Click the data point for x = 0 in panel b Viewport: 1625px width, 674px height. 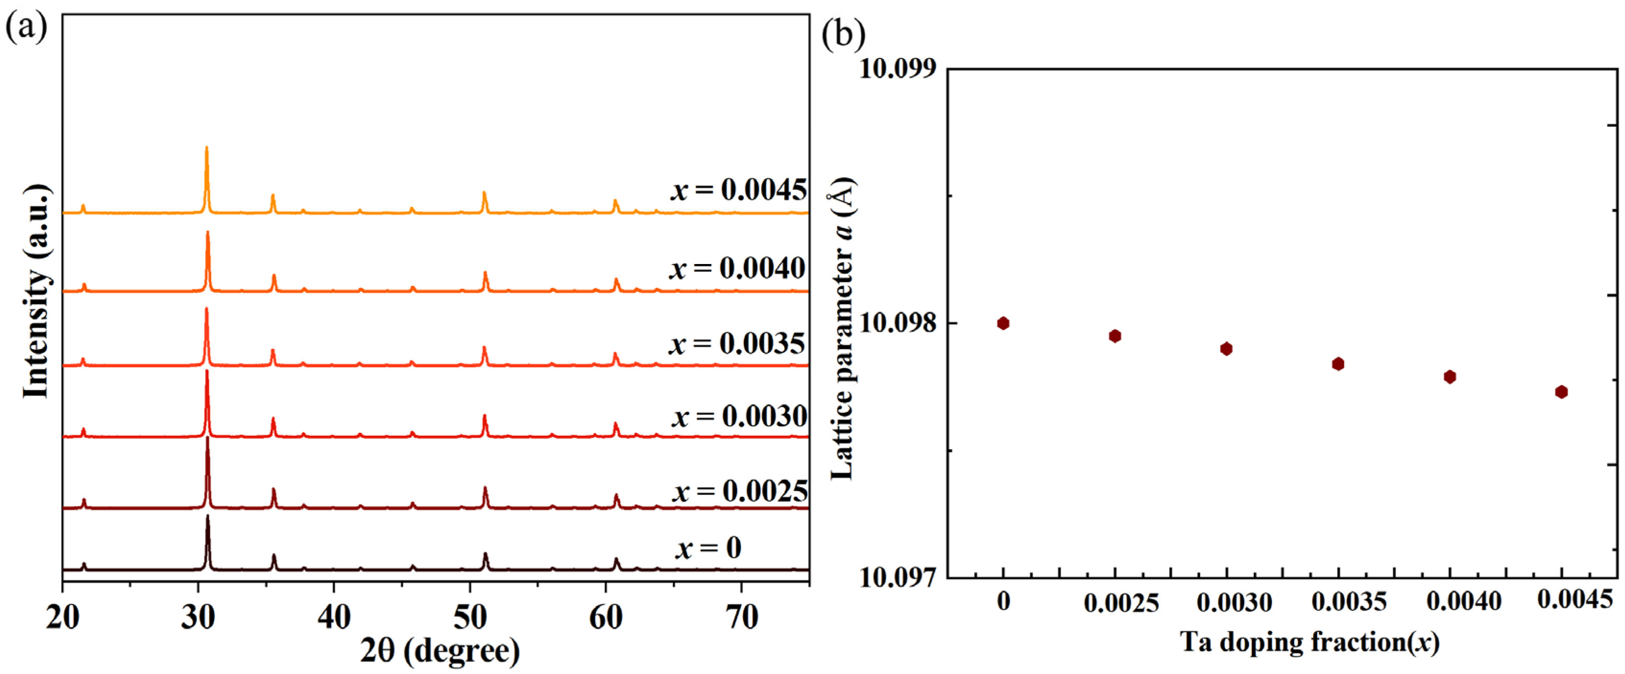pyautogui.click(x=1003, y=323)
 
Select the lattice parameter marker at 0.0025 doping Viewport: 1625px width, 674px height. pyautogui.click(x=1115, y=336)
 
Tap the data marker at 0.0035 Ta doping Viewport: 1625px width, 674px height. pyautogui.click(x=1338, y=363)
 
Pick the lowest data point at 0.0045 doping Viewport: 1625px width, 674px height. pyautogui.click(x=1561, y=392)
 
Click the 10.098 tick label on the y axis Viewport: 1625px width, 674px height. pyautogui.click(x=898, y=323)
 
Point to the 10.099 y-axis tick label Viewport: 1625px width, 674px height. pyautogui.click(x=898, y=68)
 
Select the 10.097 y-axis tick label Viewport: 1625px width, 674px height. pyautogui.click(x=898, y=577)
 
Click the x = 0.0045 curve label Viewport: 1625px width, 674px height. pyautogui.click(x=738, y=189)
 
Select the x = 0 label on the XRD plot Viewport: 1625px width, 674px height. pyautogui.click(x=708, y=547)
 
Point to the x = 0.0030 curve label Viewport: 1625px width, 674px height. pyautogui.click(x=739, y=416)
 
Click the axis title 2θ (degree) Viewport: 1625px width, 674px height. pyautogui.click(x=440, y=650)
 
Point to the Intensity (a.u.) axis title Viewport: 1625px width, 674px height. pyautogui.click(x=36, y=291)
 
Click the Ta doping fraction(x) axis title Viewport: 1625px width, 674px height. pyautogui.click(x=1309, y=642)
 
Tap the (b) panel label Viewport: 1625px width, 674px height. pyautogui.click(x=843, y=35)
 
